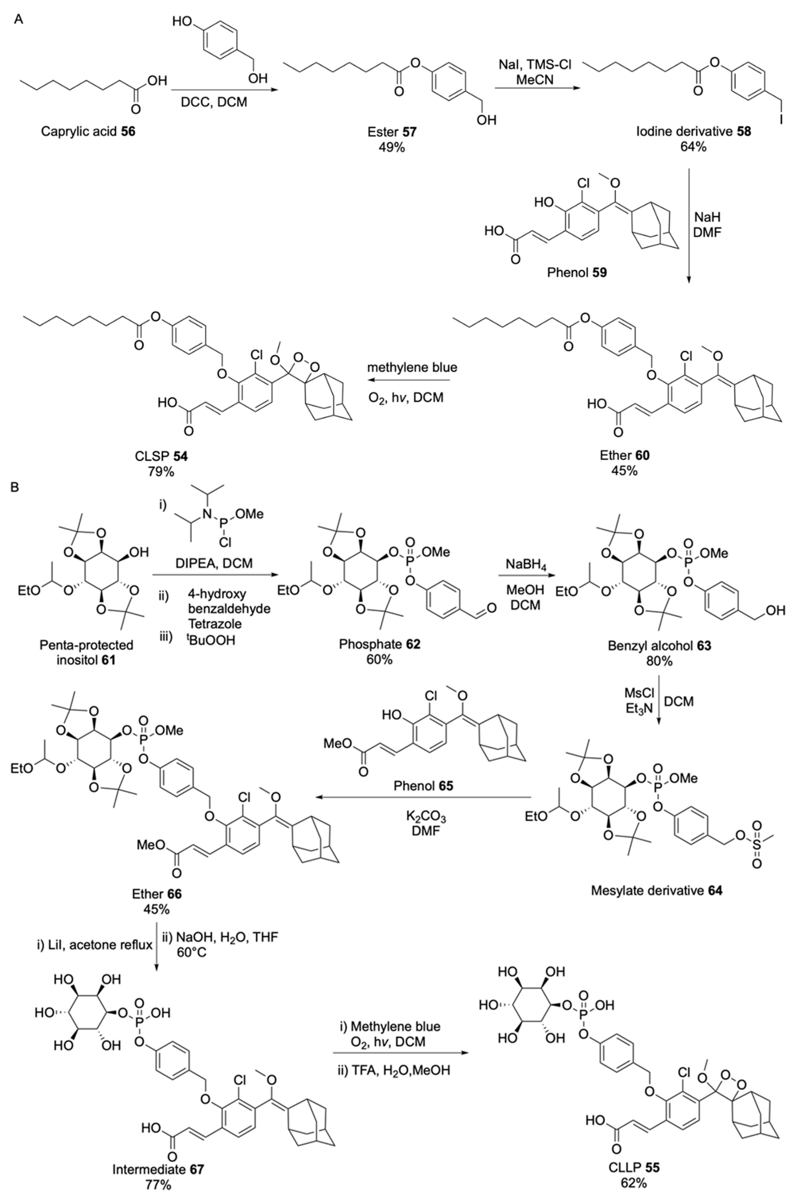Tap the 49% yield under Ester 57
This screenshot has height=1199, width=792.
tap(392, 147)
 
